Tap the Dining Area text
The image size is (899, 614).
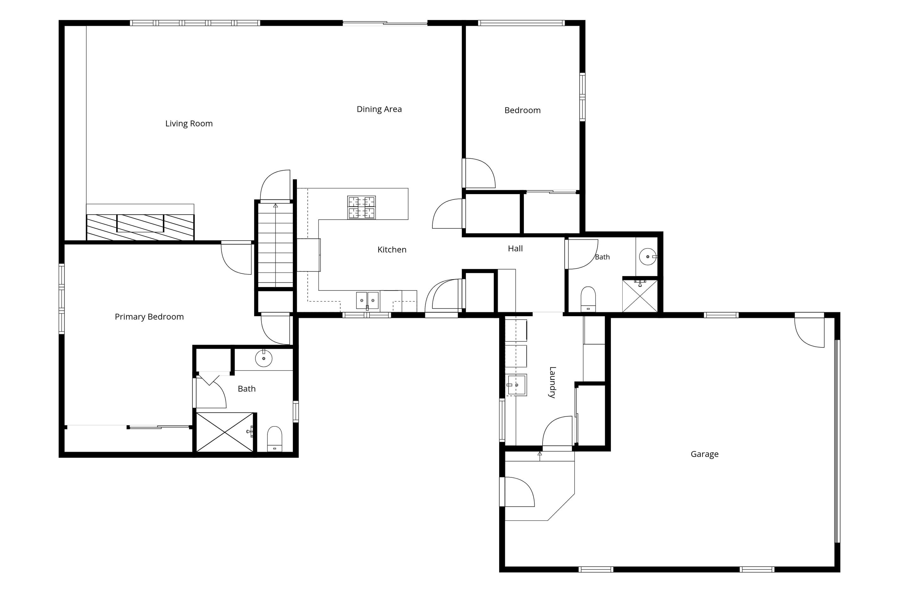click(x=379, y=109)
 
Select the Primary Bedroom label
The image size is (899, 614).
click(x=149, y=317)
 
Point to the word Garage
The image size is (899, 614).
click(x=704, y=454)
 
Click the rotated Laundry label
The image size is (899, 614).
click(x=552, y=382)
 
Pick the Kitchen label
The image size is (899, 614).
click(x=392, y=250)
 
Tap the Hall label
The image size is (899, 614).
click(x=515, y=249)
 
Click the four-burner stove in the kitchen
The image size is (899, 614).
click(x=361, y=207)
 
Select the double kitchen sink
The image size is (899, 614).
click(x=367, y=301)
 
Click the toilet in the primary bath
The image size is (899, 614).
click(x=275, y=439)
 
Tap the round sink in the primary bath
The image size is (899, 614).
click(x=264, y=359)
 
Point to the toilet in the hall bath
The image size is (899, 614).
click(x=588, y=299)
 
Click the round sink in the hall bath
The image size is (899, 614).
click(x=648, y=257)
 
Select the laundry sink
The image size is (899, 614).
click(x=516, y=385)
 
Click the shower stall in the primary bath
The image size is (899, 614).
click(x=225, y=432)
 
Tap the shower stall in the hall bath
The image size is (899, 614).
click(x=640, y=296)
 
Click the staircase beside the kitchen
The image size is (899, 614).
click(x=275, y=245)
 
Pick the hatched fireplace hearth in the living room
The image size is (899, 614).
click(x=140, y=228)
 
